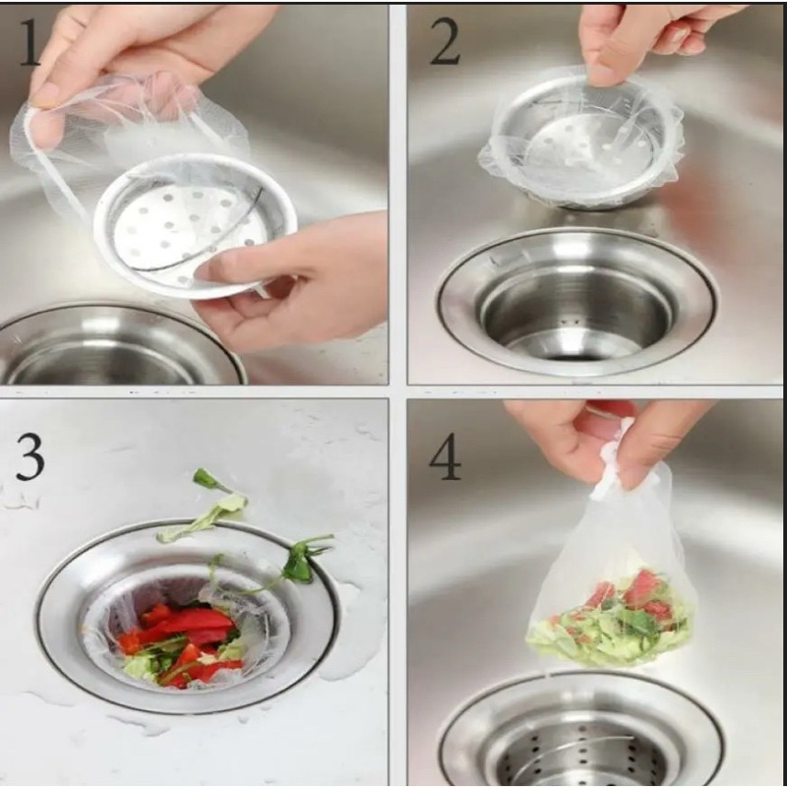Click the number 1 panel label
30,42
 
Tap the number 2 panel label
445,43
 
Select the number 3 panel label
30,457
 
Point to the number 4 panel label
446,457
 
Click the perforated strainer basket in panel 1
195,225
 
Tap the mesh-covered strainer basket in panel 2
581,141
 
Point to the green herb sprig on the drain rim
300,560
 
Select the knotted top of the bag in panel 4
613,459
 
